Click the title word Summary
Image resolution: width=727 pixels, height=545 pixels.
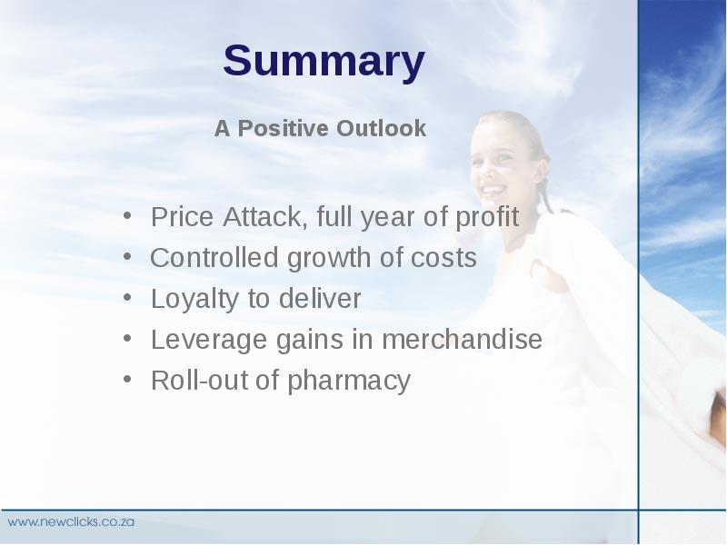point(324,62)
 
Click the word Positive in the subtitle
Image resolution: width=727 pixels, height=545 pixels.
point(283,128)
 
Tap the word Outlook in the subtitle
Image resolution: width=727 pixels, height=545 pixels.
point(381,128)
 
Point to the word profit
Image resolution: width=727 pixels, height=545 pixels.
point(487,216)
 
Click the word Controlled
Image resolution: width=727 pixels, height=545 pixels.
point(214,258)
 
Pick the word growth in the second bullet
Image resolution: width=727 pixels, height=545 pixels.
point(329,259)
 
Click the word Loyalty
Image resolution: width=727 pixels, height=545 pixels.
point(194,300)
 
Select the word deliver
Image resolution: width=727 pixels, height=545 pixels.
point(320,299)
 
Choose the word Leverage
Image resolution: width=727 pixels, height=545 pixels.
point(209,340)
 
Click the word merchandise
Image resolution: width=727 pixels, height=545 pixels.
point(462,339)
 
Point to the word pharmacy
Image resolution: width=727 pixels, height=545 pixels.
point(349,381)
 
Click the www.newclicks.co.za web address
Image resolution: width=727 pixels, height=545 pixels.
point(71,521)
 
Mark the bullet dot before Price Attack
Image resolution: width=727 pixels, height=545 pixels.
point(127,215)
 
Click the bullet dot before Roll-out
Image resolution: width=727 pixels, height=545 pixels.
point(127,379)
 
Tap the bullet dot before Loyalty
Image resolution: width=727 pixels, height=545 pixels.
point(127,297)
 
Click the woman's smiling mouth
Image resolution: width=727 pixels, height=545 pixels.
point(493,190)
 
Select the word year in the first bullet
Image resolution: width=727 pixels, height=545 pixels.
point(388,218)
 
